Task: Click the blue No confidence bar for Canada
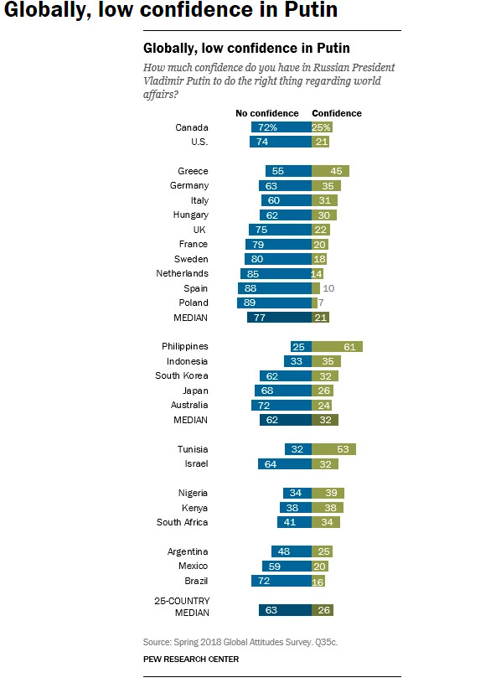(281, 127)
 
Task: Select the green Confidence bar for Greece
(330, 171)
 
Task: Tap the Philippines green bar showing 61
(337, 347)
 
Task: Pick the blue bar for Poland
(274, 303)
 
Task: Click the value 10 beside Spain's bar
(328, 288)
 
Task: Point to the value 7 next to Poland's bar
(321, 303)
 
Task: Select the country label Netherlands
(182, 273)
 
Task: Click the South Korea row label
(182, 375)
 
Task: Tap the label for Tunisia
(193, 449)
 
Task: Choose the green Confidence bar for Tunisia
(333, 449)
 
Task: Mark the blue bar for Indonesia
(297, 361)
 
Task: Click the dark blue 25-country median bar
(285, 610)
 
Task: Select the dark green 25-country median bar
(323, 610)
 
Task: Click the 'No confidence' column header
(266, 113)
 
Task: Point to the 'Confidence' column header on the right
(337, 113)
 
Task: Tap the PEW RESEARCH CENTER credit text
(191, 660)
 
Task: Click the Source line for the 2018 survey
(240, 642)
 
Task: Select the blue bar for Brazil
(281, 581)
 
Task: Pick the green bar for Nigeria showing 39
(328, 493)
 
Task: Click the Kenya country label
(194, 508)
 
